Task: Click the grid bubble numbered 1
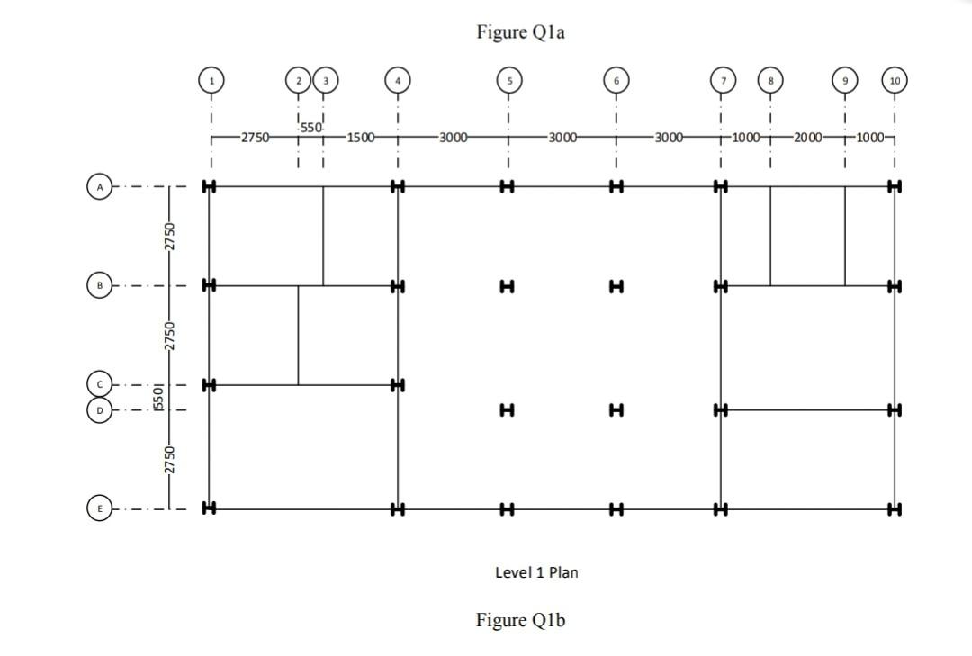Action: tap(211, 80)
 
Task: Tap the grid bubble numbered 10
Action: tap(894, 80)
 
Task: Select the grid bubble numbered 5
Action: tap(508, 80)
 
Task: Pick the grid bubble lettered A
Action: tap(100, 187)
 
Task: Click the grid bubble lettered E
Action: tap(100, 508)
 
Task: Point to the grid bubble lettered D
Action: tap(100, 410)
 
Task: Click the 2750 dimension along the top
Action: tap(255, 138)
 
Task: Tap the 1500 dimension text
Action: tap(360, 138)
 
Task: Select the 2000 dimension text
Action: tap(807, 138)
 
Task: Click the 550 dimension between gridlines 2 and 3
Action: tap(310, 128)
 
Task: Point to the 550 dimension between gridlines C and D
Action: tap(159, 397)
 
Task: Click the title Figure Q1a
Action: tap(520, 33)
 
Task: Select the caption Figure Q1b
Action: tap(520, 620)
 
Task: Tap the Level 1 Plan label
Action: tap(536, 572)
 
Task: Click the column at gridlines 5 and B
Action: tap(507, 286)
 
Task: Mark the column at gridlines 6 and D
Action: tap(616, 410)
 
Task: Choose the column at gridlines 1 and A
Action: tap(210, 187)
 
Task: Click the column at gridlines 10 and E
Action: tap(894, 509)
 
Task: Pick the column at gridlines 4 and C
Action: tap(397, 385)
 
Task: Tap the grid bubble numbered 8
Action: tap(770, 80)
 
